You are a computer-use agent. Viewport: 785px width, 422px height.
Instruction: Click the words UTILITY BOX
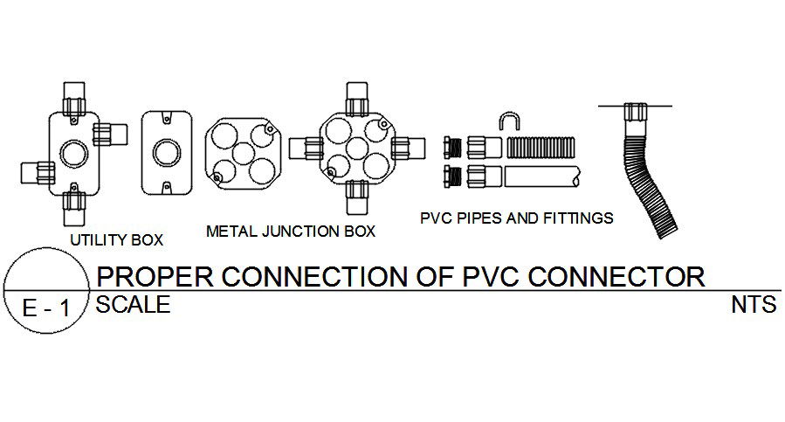(x=116, y=239)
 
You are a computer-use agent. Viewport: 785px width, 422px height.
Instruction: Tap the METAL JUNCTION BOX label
(x=290, y=232)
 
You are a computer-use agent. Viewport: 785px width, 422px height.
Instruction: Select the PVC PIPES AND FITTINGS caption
(x=517, y=218)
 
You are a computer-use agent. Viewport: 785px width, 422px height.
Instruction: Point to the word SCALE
(x=133, y=305)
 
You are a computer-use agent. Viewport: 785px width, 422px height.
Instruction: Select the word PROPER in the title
(x=154, y=276)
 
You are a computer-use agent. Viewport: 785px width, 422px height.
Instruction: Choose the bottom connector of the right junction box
(x=356, y=200)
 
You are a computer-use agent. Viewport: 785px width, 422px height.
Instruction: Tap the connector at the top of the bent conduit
(x=635, y=113)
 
